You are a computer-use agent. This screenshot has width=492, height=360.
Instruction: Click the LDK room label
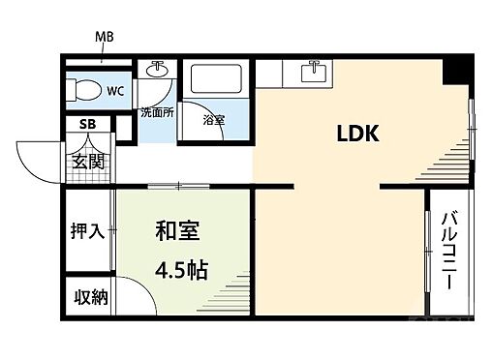[x=356, y=134]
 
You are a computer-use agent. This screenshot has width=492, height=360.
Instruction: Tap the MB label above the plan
[x=105, y=40]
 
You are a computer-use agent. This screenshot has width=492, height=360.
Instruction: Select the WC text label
[x=114, y=92]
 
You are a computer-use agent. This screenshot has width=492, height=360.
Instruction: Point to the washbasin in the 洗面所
[x=155, y=72]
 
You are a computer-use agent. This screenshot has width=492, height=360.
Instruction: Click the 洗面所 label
[x=155, y=112]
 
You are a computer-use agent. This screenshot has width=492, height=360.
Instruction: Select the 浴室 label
[x=214, y=121]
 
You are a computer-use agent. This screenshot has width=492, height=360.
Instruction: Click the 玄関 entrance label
[x=87, y=161]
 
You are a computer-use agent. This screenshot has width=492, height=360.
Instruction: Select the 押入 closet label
[x=87, y=232]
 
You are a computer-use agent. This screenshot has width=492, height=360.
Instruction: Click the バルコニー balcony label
[x=448, y=251]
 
